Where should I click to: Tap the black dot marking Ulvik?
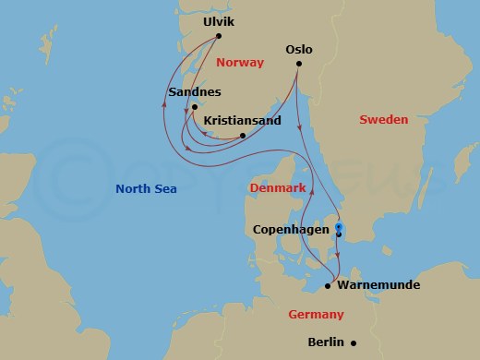(x=219, y=36)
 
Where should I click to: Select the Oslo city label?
(x=300, y=49)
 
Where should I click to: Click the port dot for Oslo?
(x=299, y=65)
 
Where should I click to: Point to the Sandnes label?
(x=195, y=92)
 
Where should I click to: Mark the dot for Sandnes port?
(x=195, y=107)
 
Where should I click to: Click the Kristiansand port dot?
(x=242, y=137)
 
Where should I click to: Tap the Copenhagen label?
(x=291, y=229)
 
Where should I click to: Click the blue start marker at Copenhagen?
(x=339, y=226)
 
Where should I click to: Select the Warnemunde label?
(x=379, y=285)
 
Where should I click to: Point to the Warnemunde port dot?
(x=328, y=286)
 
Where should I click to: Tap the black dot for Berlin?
(x=354, y=342)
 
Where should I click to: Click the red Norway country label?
(x=239, y=63)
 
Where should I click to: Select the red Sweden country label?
(x=383, y=120)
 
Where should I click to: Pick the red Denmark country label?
(x=278, y=188)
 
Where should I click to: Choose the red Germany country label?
(x=316, y=315)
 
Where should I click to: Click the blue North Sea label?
(x=146, y=189)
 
